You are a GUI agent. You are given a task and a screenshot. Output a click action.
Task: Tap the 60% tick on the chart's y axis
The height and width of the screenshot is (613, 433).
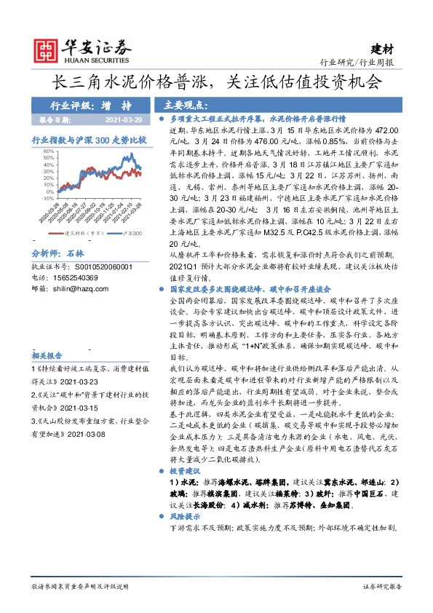click(x=48, y=151)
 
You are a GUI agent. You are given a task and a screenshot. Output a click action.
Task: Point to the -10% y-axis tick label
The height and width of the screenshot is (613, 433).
click(x=47, y=197)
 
